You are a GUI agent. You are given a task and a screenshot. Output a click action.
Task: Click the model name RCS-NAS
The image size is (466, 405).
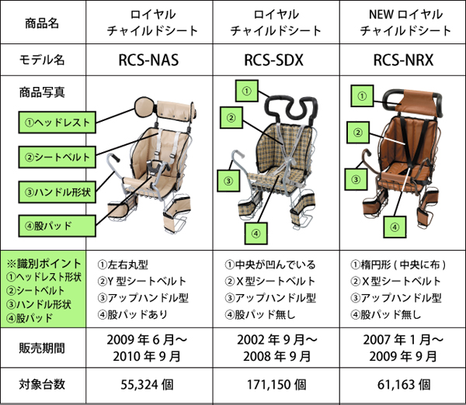point(148,60)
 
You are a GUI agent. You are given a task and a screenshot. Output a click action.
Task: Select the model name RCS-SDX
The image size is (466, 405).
point(273,60)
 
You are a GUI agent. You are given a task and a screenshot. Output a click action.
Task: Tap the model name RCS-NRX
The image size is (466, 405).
point(403,60)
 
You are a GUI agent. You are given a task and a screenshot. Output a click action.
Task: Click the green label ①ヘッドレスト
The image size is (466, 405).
point(57,123)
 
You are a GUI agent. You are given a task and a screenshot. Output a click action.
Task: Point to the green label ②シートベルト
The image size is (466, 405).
point(57,157)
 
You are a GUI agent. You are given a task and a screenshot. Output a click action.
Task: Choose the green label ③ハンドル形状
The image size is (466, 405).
point(57,192)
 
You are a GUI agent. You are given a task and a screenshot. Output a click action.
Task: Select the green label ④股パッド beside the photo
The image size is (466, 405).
point(57,226)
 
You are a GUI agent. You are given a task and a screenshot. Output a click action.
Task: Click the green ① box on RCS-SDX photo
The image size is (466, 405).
point(247,91)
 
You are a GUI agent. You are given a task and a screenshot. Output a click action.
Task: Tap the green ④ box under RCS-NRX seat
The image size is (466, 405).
point(395,227)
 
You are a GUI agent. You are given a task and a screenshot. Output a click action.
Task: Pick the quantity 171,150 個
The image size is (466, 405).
point(276,385)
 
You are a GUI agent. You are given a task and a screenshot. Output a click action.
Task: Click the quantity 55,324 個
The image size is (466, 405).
point(147,385)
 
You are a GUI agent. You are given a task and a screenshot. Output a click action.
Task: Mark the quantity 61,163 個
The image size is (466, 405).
point(404,385)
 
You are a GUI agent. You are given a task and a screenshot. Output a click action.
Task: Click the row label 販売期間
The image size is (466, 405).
point(42,348)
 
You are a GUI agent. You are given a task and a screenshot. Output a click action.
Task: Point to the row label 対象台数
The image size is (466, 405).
point(42,384)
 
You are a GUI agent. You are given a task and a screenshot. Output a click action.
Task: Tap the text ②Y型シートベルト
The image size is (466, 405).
point(142,281)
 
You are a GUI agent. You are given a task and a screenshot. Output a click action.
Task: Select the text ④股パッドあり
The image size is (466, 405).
point(133,314)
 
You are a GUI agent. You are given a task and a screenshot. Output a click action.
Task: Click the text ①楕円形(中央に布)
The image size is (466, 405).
point(398,265)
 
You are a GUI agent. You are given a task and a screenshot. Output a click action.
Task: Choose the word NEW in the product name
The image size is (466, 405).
point(381,14)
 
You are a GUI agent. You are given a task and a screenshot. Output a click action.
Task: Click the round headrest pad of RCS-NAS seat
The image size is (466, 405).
point(144,107)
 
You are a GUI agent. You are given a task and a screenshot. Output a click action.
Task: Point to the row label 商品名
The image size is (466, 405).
point(42,23)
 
